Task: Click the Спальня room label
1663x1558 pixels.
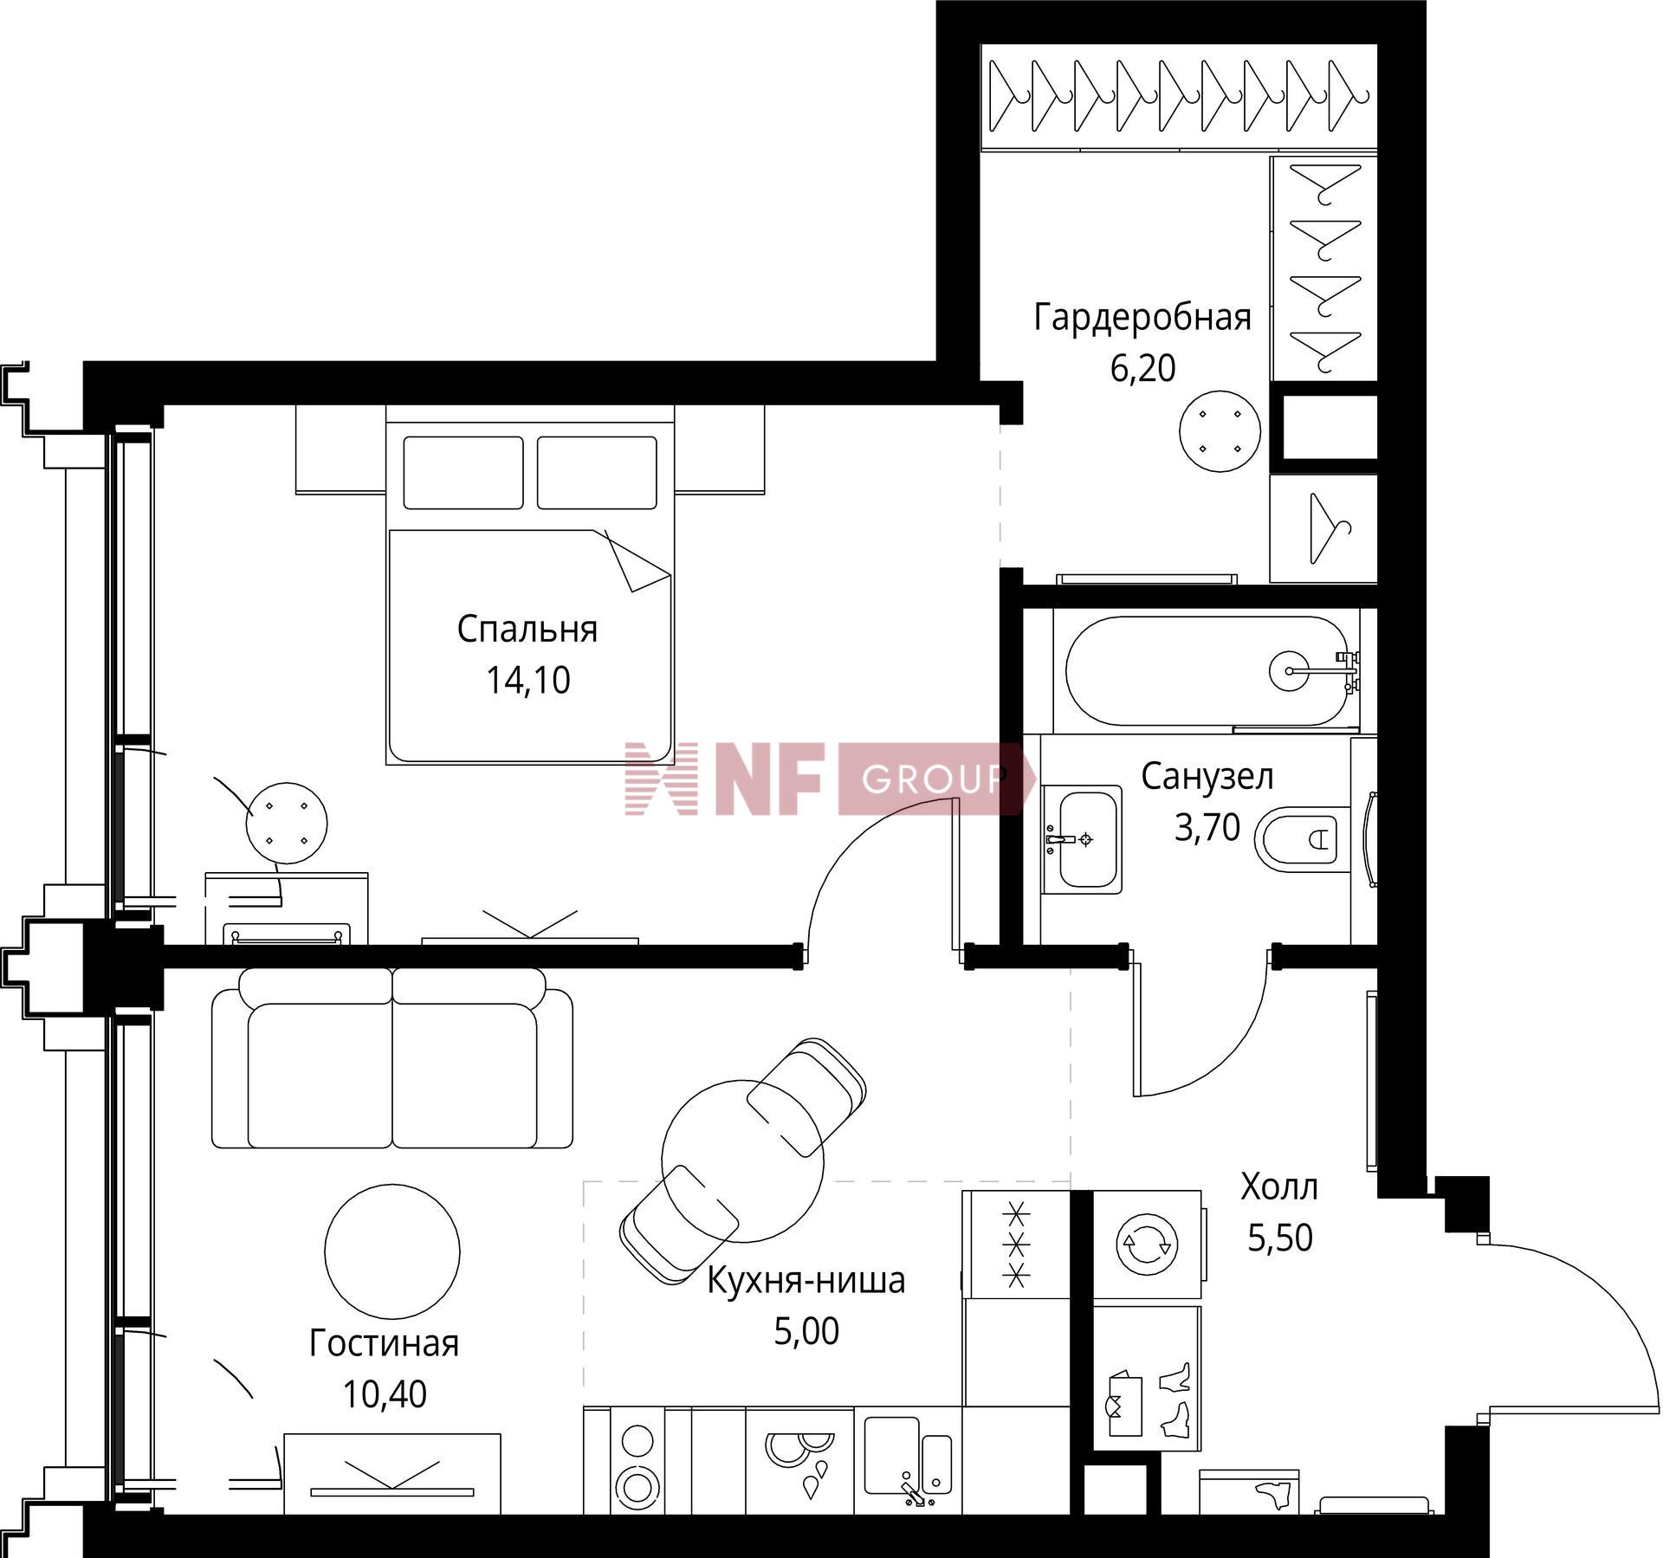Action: (x=527, y=629)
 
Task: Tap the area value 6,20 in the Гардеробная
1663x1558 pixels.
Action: (x=1142, y=368)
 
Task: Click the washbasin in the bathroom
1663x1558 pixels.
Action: (x=1082, y=838)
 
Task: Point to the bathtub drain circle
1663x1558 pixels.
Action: (x=1290, y=670)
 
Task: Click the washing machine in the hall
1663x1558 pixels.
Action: (x=1147, y=1244)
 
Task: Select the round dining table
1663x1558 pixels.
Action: (x=742, y=1160)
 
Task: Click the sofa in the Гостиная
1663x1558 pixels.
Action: (x=392, y=1058)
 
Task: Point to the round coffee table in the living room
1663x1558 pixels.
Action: (x=392, y=1251)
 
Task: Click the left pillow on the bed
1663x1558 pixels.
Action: (x=463, y=473)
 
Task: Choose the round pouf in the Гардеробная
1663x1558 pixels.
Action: (x=1220, y=430)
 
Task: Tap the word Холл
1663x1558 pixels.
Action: (x=1279, y=1186)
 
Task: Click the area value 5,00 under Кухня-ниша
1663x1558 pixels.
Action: (x=806, y=1331)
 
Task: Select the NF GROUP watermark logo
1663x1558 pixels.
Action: (x=830, y=779)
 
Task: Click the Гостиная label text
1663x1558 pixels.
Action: (x=384, y=1343)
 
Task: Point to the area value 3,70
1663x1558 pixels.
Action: (x=1207, y=827)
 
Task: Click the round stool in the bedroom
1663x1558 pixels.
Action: (x=287, y=823)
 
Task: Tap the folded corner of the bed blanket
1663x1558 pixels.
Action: (x=637, y=561)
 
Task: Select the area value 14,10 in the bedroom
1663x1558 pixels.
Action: (x=527, y=680)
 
